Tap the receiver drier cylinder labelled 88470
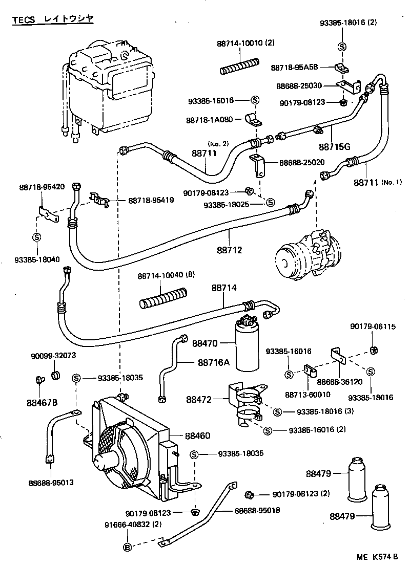tap(247, 348)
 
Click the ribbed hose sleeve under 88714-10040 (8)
tap(163, 300)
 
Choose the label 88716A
tap(214, 362)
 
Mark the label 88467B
tap(43, 402)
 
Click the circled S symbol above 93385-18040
tap(36, 237)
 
